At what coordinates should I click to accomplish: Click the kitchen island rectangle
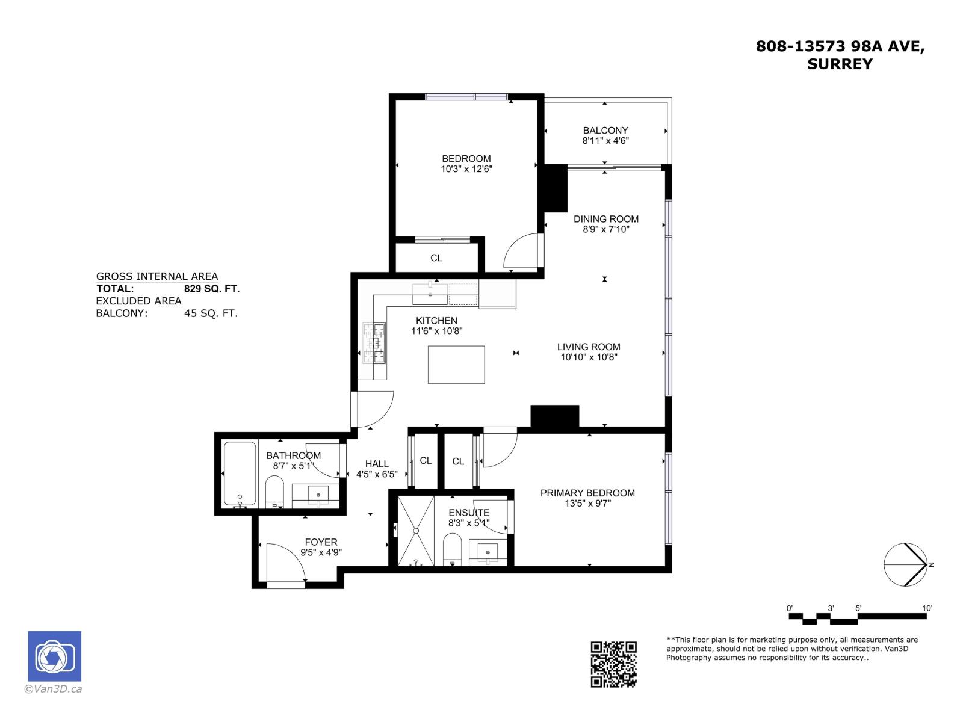pyautogui.click(x=456, y=365)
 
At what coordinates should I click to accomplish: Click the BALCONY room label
pyautogui.click(x=605, y=130)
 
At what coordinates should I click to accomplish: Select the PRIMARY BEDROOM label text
pyautogui.click(x=587, y=493)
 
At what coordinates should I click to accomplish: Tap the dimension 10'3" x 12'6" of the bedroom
pyautogui.click(x=466, y=169)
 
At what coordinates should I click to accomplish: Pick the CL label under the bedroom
pyautogui.click(x=436, y=258)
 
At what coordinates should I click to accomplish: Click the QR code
pyautogui.click(x=613, y=664)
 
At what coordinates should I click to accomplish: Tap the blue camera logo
pyautogui.click(x=54, y=656)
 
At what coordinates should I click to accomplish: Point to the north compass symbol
pyautogui.click(x=906, y=564)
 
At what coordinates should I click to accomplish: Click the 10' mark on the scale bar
pyautogui.click(x=927, y=608)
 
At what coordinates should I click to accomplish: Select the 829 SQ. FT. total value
pyautogui.click(x=211, y=289)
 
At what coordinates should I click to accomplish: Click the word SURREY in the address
pyautogui.click(x=840, y=64)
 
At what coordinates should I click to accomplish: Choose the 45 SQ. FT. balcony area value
pyautogui.click(x=211, y=313)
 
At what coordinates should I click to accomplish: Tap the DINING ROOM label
pyautogui.click(x=605, y=219)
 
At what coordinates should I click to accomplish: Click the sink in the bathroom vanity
pyautogui.click(x=318, y=495)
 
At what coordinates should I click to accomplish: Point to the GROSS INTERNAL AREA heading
pyautogui.click(x=157, y=276)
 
